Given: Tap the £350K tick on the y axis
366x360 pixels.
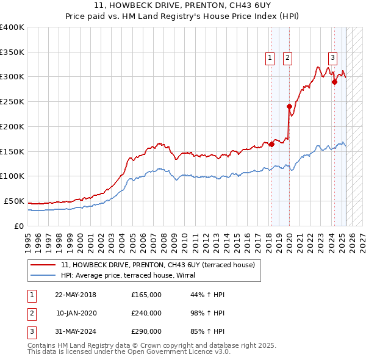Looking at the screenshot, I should coord(12,52).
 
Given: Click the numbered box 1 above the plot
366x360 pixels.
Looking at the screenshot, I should coord(270,58).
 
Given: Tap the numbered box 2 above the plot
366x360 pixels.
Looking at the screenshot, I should coord(287,58).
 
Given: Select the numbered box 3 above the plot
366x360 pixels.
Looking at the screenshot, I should coord(332,58).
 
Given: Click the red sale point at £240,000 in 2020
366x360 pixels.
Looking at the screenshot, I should coord(289,106).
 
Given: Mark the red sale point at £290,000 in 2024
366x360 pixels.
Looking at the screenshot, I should coord(334,82).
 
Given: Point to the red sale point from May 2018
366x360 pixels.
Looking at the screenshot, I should coord(271,144).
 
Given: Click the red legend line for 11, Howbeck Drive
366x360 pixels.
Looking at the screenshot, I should coord(42,265).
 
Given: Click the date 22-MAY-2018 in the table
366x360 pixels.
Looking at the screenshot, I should coord(76,295).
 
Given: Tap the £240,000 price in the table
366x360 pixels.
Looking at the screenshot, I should coord(146,313).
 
